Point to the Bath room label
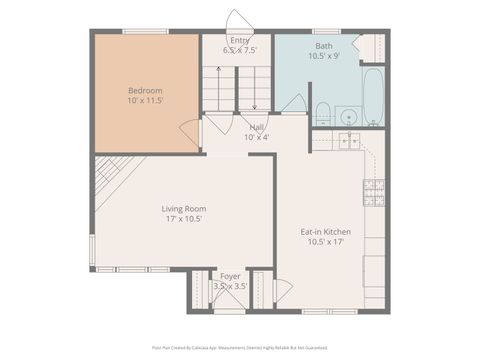325,46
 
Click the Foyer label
230,275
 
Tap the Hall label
257,127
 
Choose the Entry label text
240,40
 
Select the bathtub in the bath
373,96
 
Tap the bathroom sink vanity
347,114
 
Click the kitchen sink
349,142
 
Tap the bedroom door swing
190,130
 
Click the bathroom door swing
294,104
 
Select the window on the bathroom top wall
326,31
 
